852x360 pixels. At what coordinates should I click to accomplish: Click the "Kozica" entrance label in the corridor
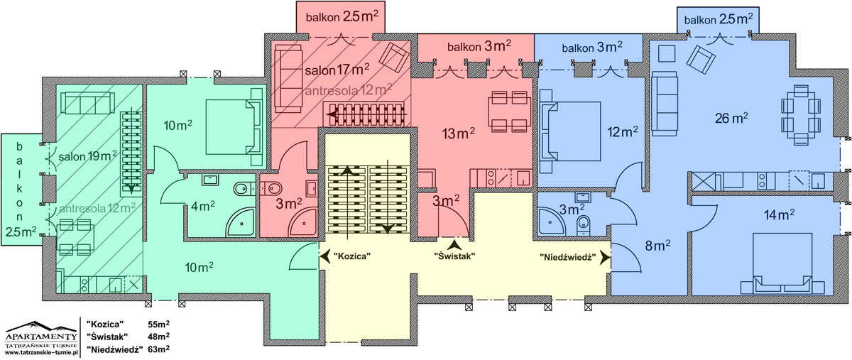352,256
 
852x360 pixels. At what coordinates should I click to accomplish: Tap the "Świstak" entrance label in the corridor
455,256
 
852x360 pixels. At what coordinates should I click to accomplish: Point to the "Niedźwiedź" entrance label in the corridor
568,257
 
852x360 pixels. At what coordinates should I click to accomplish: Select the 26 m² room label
731,118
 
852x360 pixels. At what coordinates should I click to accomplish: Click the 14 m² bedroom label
780,215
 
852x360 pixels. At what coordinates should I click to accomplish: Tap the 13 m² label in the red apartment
459,133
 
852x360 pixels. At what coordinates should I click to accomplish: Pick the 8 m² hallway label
657,246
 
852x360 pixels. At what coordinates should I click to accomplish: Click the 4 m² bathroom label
203,206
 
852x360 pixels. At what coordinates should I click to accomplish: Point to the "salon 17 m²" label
337,70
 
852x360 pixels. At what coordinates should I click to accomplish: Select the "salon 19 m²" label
87,156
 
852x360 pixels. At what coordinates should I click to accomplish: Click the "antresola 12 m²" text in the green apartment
97,209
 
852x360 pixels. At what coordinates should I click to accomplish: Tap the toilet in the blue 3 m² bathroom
583,225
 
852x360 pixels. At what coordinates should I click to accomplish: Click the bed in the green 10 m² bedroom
234,126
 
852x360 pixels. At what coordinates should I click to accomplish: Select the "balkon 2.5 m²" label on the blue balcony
719,19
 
